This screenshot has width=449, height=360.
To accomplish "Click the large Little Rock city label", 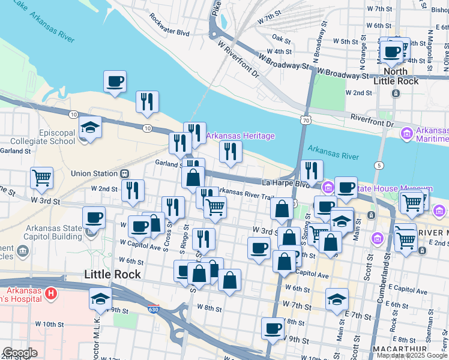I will click(113, 274).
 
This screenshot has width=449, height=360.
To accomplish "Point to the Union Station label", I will click(94, 173).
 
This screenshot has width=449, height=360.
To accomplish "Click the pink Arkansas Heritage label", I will click(240, 136).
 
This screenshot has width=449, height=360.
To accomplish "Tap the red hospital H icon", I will click(51, 294).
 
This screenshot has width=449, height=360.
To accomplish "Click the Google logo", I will click(20, 353).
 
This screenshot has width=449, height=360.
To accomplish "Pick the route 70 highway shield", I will click(307, 121).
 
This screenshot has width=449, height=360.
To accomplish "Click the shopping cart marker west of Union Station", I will click(42, 177).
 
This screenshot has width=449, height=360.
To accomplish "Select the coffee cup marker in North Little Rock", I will click(392, 52).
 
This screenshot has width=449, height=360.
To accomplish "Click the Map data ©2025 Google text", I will click(411, 355).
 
